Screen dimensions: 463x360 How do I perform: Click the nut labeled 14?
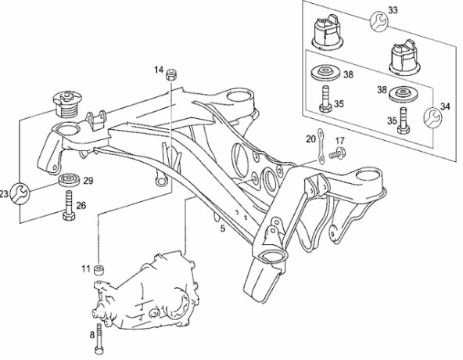click(171, 74)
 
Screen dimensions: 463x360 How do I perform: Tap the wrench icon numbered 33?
click(379, 21)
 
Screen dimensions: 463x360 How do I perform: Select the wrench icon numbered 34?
click(433, 117)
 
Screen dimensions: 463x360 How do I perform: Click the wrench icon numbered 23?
click(20, 193)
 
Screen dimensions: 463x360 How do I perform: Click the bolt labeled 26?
click(69, 206)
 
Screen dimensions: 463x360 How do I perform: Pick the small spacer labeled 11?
click(99, 270)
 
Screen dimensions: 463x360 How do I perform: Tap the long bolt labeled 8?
click(99, 339)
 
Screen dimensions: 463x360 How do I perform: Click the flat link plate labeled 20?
click(320, 146)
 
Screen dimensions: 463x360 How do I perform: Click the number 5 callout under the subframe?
click(222, 228)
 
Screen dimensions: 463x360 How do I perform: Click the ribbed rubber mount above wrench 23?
click(67, 104)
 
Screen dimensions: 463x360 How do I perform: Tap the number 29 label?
click(88, 180)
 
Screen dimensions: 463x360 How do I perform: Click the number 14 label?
click(159, 70)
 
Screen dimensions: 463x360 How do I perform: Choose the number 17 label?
click(340, 140)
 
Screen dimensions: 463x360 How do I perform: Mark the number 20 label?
click(310, 139)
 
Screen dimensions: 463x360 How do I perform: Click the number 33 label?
click(393, 10)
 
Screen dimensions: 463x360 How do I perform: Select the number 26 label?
click(81, 205)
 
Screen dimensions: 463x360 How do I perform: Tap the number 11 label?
click(86, 268)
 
